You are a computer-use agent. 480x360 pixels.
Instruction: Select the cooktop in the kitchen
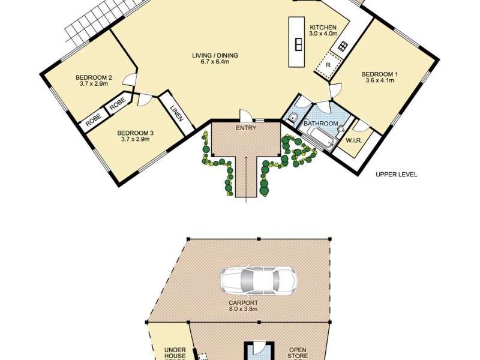coord(343,46)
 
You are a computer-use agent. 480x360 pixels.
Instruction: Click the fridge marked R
coord(328,64)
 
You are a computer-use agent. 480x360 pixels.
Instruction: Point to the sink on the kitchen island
coord(298,44)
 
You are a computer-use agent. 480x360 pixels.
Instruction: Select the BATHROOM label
coord(320,124)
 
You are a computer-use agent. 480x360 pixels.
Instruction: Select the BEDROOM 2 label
coord(94,77)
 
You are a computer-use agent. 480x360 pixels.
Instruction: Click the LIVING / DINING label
coord(215,55)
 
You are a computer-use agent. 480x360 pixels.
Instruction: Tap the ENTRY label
coord(247,128)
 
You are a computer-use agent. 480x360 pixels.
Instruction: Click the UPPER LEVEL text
coord(396,175)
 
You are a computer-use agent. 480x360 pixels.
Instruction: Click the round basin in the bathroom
coord(340,127)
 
